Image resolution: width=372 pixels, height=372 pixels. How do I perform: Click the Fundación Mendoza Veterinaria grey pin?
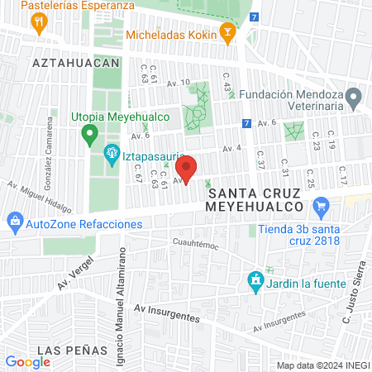tap(354, 100)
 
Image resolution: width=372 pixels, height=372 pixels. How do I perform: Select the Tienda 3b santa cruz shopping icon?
tap(322, 207)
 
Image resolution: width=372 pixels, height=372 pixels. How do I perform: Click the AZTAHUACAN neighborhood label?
tap(76, 62)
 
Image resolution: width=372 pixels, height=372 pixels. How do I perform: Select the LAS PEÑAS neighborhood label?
tap(72, 350)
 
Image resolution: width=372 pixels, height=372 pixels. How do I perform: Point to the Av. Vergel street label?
tap(74, 272)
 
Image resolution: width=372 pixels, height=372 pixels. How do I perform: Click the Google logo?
tap(27, 361)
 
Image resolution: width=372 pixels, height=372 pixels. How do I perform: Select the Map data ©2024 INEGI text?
tap(322, 365)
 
